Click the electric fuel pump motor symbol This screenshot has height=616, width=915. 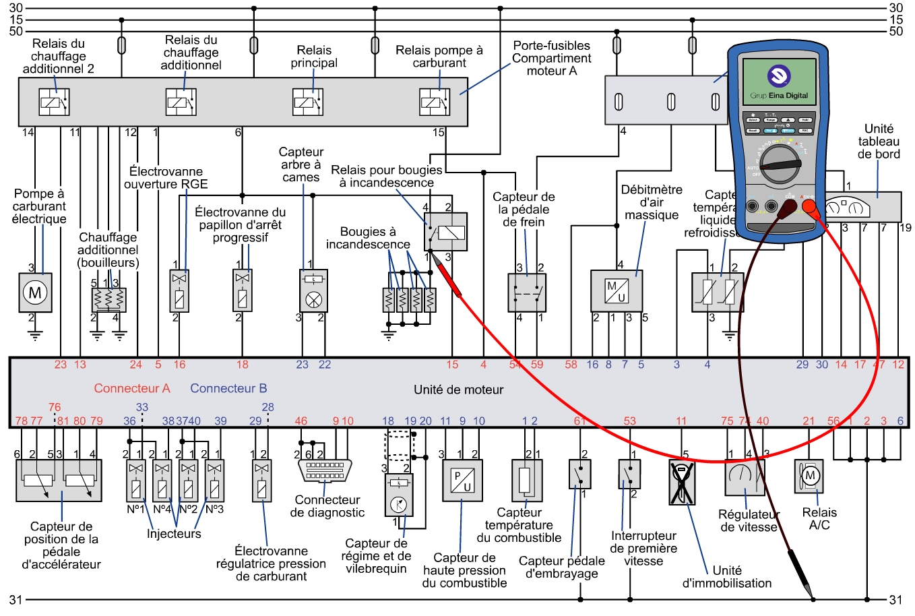[35, 292]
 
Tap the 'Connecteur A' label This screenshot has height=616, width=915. [132, 388]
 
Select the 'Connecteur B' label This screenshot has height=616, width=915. [228, 388]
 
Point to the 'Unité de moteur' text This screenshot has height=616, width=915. [458, 390]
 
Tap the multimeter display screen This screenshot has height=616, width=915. [779, 80]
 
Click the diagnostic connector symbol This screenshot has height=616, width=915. [325, 470]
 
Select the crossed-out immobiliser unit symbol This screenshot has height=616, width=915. [682, 482]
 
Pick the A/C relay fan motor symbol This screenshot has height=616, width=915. [809, 476]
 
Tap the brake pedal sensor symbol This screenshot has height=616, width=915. [527, 292]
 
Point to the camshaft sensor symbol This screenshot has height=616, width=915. [313, 290]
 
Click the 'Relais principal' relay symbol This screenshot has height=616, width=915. [308, 102]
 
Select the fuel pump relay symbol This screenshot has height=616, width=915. [435, 102]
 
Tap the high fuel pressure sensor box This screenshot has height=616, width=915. [462, 481]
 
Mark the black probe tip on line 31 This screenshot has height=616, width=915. [811, 597]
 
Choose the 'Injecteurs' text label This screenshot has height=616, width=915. [174, 534]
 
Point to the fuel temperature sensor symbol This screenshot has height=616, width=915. [526, 481]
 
